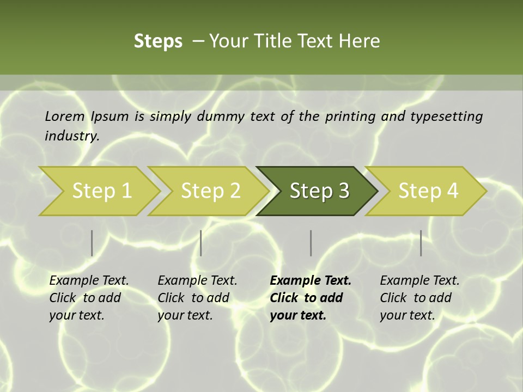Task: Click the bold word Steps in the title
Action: (158, 41)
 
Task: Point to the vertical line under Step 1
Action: (92, 243)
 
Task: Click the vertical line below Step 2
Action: (201, 243)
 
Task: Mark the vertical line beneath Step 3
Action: (311, 243)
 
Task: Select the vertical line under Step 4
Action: (421, 243)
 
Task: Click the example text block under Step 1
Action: (89, 298)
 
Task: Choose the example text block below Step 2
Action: (197, 298)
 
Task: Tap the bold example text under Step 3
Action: (310, 298)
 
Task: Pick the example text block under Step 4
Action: (419, 298)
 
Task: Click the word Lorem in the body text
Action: (65, 116)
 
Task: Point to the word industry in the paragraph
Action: (71, 136)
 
